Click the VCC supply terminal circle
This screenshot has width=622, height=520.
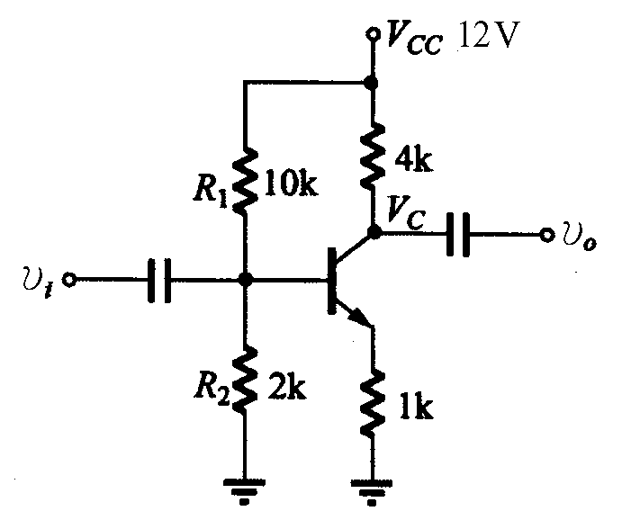(372, 34)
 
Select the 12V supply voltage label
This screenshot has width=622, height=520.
(490, 34)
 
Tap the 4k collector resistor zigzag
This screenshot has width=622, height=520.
(372, 155)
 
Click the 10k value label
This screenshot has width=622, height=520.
(291, 184)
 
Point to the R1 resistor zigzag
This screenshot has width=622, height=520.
(245, 180)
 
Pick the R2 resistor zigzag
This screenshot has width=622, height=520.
(245, 379)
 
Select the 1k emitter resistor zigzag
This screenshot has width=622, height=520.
(372, 402)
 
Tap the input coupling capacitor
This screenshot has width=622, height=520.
(159, 280)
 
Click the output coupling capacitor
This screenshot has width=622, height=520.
(458, 235)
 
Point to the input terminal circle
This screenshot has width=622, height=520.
(70, 280)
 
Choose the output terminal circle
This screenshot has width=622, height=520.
(546, 235)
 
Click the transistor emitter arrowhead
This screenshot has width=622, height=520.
(358, 315)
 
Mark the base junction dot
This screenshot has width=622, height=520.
(246, 280)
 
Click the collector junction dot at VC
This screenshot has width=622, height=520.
(374, 232)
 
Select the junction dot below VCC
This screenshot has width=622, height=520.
(371, 83)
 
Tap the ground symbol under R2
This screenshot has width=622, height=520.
(244, 491)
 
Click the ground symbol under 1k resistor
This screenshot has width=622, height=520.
(372, 491)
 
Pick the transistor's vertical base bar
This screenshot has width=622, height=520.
(331, 281)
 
